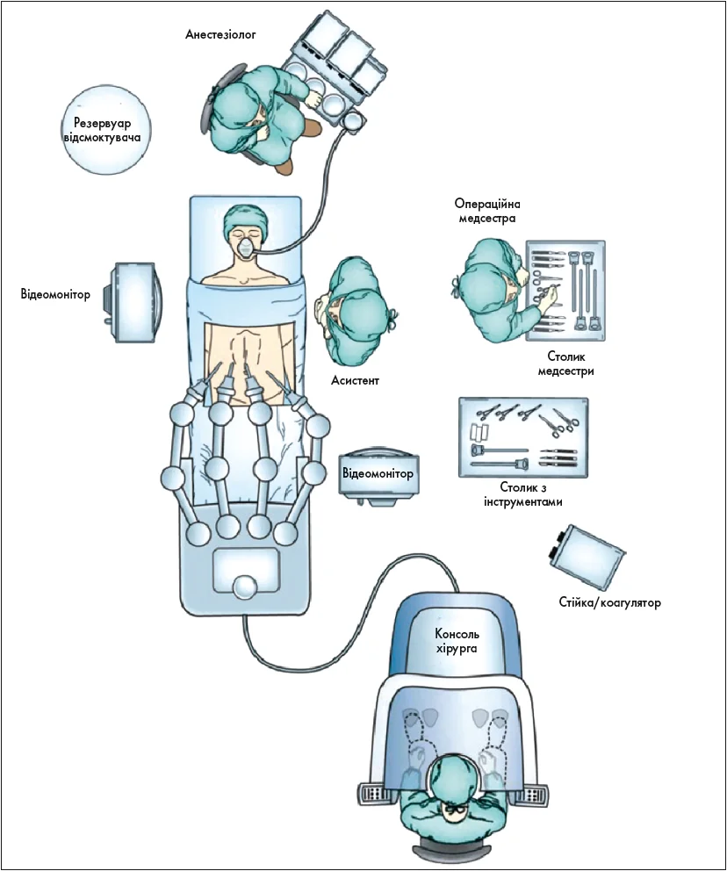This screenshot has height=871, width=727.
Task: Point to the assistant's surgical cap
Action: point(362,312)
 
